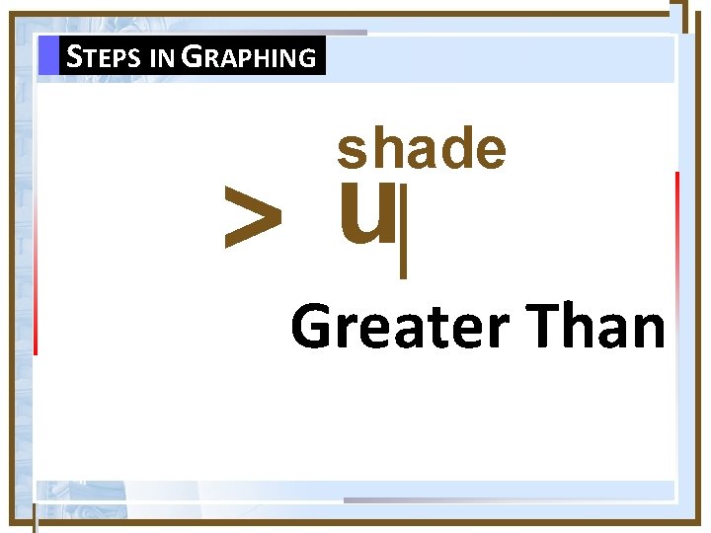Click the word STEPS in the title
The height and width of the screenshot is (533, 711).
[x=106, y=57]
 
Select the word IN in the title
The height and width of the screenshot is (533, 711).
[x=164, y=58]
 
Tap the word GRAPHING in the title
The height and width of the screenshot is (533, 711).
[x=250, y=57]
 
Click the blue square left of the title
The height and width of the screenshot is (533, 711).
[x=48, y=55]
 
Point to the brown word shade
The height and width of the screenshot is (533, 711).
[x=422, y=149]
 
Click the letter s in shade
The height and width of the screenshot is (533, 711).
[x=351, y=151]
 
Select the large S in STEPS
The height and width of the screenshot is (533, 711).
[x=73, y=56]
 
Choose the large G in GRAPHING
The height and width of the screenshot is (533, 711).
[x=194, y=56]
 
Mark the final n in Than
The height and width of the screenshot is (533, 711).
[x=648, y=332]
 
